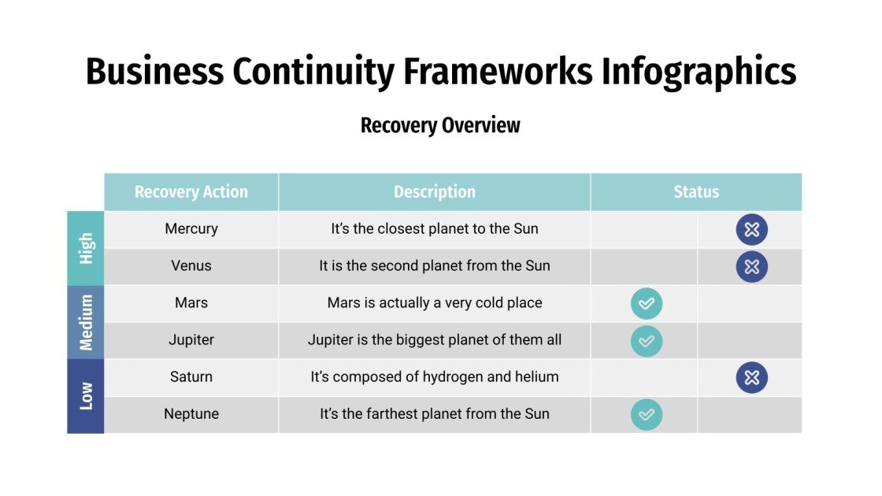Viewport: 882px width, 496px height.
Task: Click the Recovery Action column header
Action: tap(191, 192)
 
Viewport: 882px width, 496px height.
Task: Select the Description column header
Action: tap(434, 192)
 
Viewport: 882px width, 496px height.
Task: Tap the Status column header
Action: tap(696, 192)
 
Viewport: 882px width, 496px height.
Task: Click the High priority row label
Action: tap(86, 248)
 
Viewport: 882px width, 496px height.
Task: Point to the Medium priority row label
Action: tap(86, 322)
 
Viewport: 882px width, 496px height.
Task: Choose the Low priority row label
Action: tap(86, 396)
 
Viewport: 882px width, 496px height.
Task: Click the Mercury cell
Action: tap(191, 229)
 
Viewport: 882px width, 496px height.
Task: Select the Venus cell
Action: tap(191, 266)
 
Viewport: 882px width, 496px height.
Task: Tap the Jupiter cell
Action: tap(191, 340)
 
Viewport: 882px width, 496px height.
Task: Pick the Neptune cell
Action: tap(191, 414)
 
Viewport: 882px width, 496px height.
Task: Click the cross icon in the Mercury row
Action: tap(751, 230)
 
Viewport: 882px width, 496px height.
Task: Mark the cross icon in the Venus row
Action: tap(751, 267)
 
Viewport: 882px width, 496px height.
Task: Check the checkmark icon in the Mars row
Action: tap(647, 304)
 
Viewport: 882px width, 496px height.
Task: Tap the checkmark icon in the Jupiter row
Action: tap(647, 341)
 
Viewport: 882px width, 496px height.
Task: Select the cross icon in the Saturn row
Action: tap(751, 378)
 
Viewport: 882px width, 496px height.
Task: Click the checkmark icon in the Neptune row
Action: tap(647, 415)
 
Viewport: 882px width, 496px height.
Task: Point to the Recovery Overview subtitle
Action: tap(440, 125)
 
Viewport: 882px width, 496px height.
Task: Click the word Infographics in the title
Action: tap(699, 72)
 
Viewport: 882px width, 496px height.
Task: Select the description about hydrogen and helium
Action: tap(434, 377)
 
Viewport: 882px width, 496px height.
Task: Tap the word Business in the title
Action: tap(154, 72)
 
